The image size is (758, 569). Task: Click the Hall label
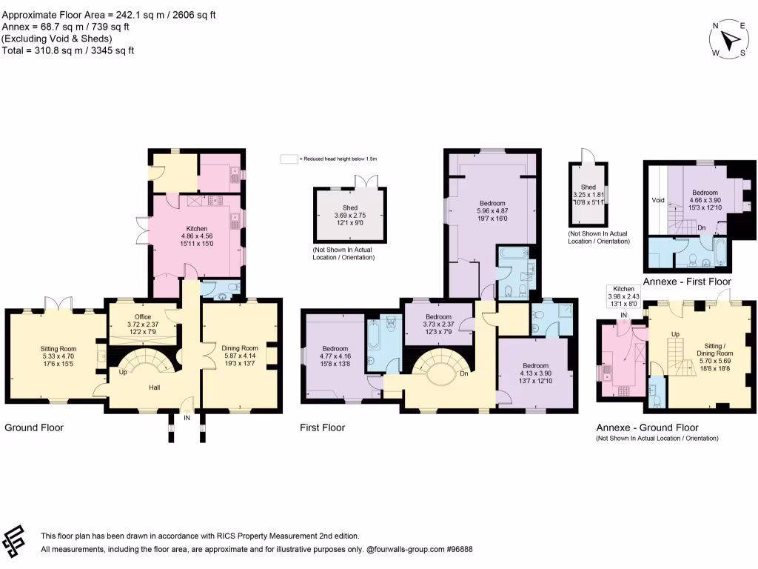(x=154, y=387)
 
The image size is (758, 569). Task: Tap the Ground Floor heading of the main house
(x=34, y=427)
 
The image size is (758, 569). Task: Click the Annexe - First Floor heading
(x=687, y=282)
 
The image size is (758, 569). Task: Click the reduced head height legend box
(x=288, y=159)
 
